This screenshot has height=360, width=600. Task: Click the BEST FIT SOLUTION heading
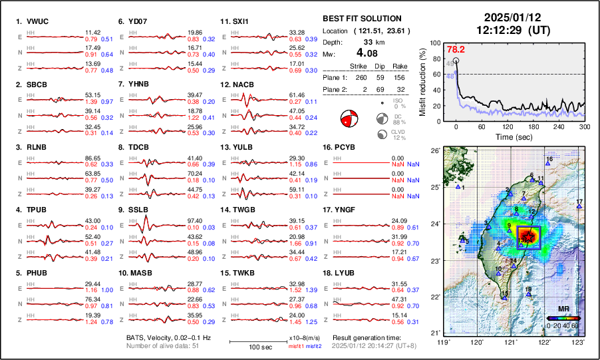pos(361,19)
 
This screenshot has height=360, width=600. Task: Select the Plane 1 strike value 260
pos(361,76)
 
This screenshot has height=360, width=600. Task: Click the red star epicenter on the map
pos(528,237)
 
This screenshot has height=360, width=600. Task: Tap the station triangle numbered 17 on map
pos(579,207)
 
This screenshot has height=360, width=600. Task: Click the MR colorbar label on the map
pos(563,309)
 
